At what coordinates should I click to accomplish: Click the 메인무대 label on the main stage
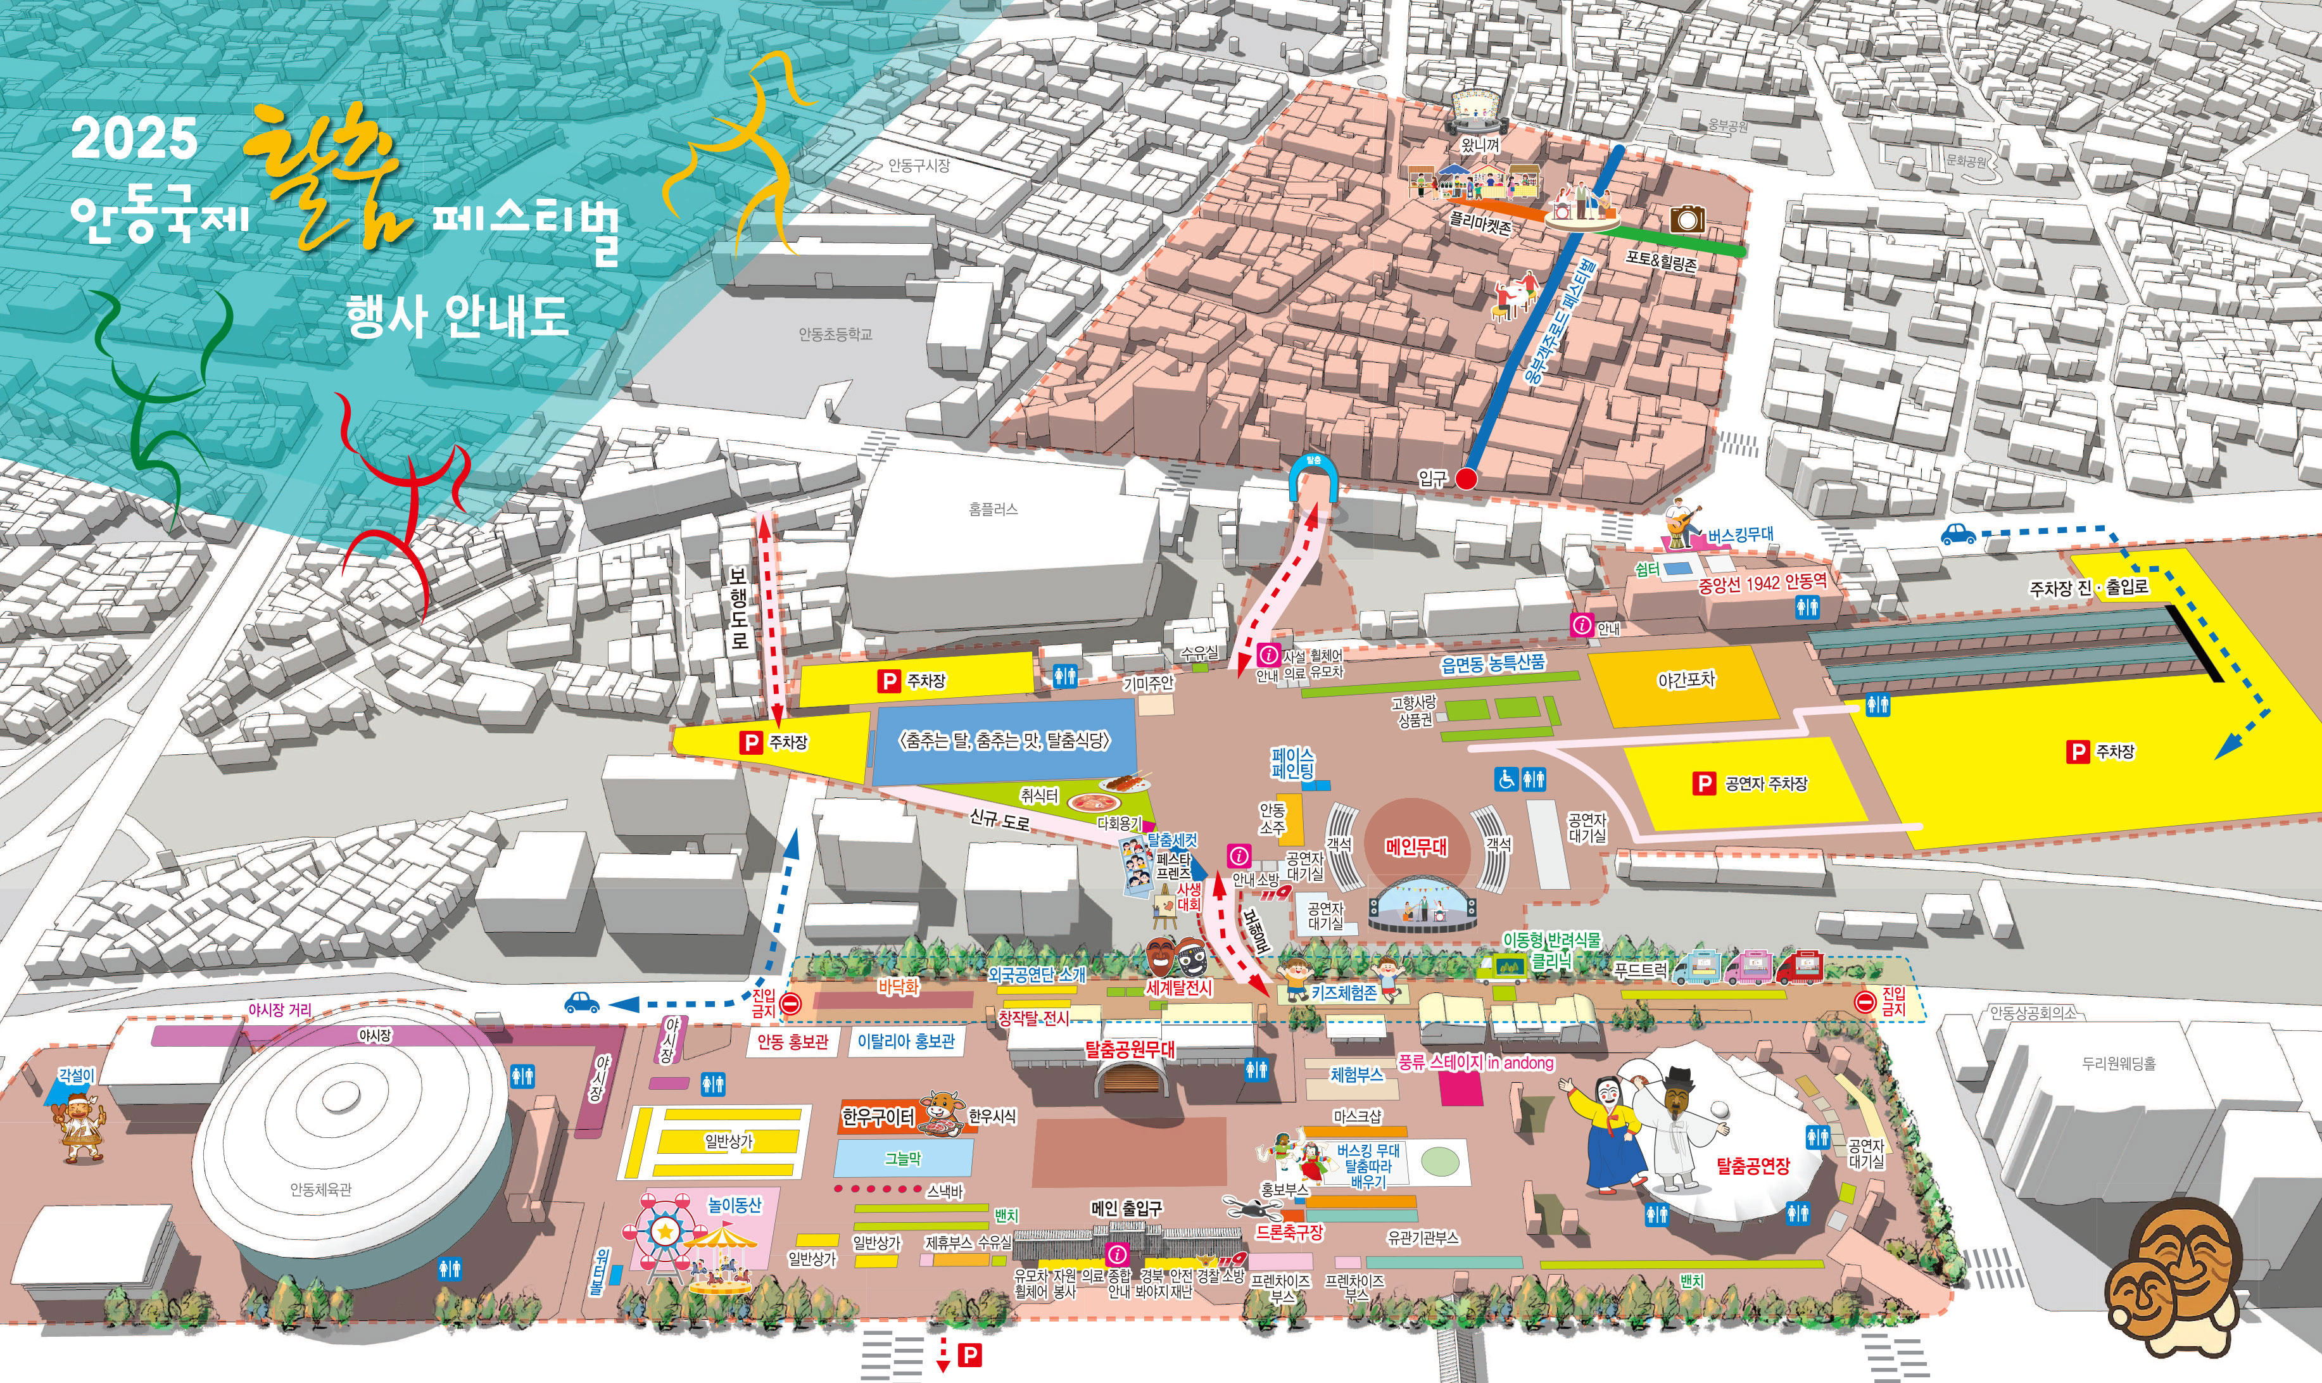point(1415,846)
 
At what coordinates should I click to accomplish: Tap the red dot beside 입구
point(1466,479)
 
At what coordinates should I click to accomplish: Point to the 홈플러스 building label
point(994,510)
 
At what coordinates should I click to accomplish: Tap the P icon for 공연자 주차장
point(1703,784)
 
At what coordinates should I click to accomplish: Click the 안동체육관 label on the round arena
point(320,1189)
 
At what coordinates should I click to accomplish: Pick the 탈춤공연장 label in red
point(1753,1165)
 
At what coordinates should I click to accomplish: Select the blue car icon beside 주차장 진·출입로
point(1958,534)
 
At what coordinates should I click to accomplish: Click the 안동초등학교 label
point(835,334)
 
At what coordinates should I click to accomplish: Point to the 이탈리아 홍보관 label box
point(905,1042)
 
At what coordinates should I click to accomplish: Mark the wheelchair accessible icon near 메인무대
point(1506,778)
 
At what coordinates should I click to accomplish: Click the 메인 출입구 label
point(1126,1209)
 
